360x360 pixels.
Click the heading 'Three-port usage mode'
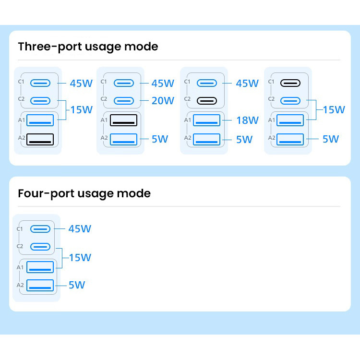tap(88, 47)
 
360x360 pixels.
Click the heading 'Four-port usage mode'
tap(84, 193)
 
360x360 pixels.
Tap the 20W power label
tap(163, 101)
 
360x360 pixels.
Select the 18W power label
tap(247, 120)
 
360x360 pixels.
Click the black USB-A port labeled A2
tap(40, 139)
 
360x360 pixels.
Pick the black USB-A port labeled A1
tap(123, 120)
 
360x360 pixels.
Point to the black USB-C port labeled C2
tap(206, 101)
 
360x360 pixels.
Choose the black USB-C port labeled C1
tap(290, 83)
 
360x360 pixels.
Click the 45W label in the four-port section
tap(80, 228)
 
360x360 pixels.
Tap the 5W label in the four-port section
tap(77, 285)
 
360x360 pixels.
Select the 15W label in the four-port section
tap(80, 258)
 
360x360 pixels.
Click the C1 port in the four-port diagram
tap(40, 229)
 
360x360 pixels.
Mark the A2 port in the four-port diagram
tap(40, 286)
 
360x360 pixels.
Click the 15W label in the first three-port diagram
tap(81, 110)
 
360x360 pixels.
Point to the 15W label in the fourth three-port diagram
tap(334, 110)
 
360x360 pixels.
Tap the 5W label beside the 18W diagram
tap(244, 140)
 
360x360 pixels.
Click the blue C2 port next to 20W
tap(124, 101)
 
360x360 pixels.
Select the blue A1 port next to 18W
tap(206, 120)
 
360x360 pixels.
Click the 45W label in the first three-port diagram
tap(81, 84)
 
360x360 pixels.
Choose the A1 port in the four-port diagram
tap(40, 267)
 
